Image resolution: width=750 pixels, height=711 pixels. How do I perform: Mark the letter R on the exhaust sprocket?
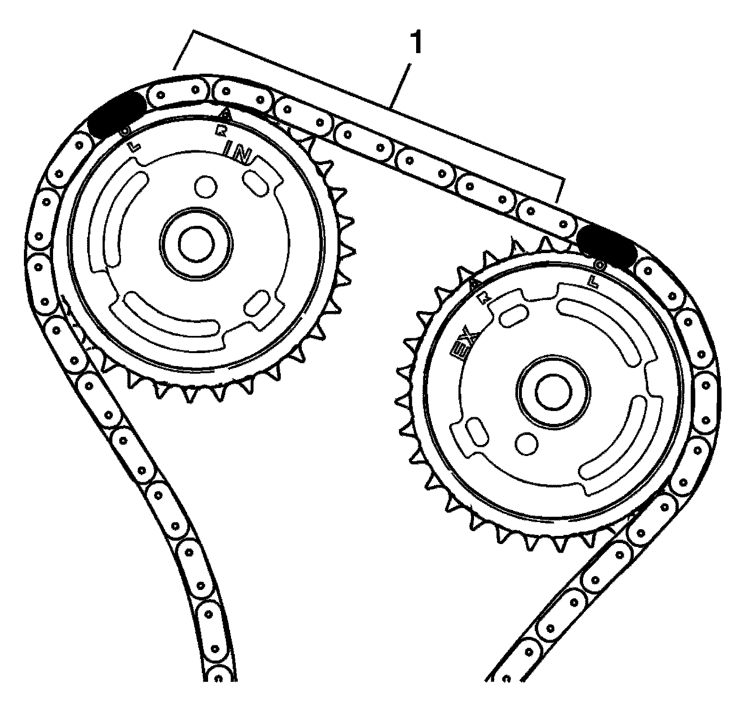pos(485,300)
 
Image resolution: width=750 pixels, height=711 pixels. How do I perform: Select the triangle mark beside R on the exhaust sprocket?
pos(475,285)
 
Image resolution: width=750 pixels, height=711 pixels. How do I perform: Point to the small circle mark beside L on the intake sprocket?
pos(126,130)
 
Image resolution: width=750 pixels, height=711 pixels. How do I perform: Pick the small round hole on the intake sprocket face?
pos(206,186)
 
